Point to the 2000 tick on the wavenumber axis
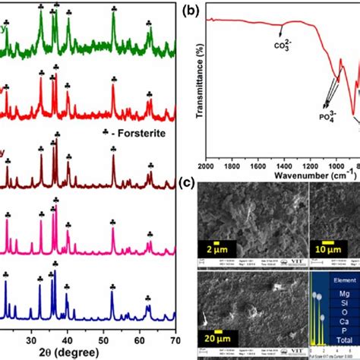(207, 166)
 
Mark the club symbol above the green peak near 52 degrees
(114, 8)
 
